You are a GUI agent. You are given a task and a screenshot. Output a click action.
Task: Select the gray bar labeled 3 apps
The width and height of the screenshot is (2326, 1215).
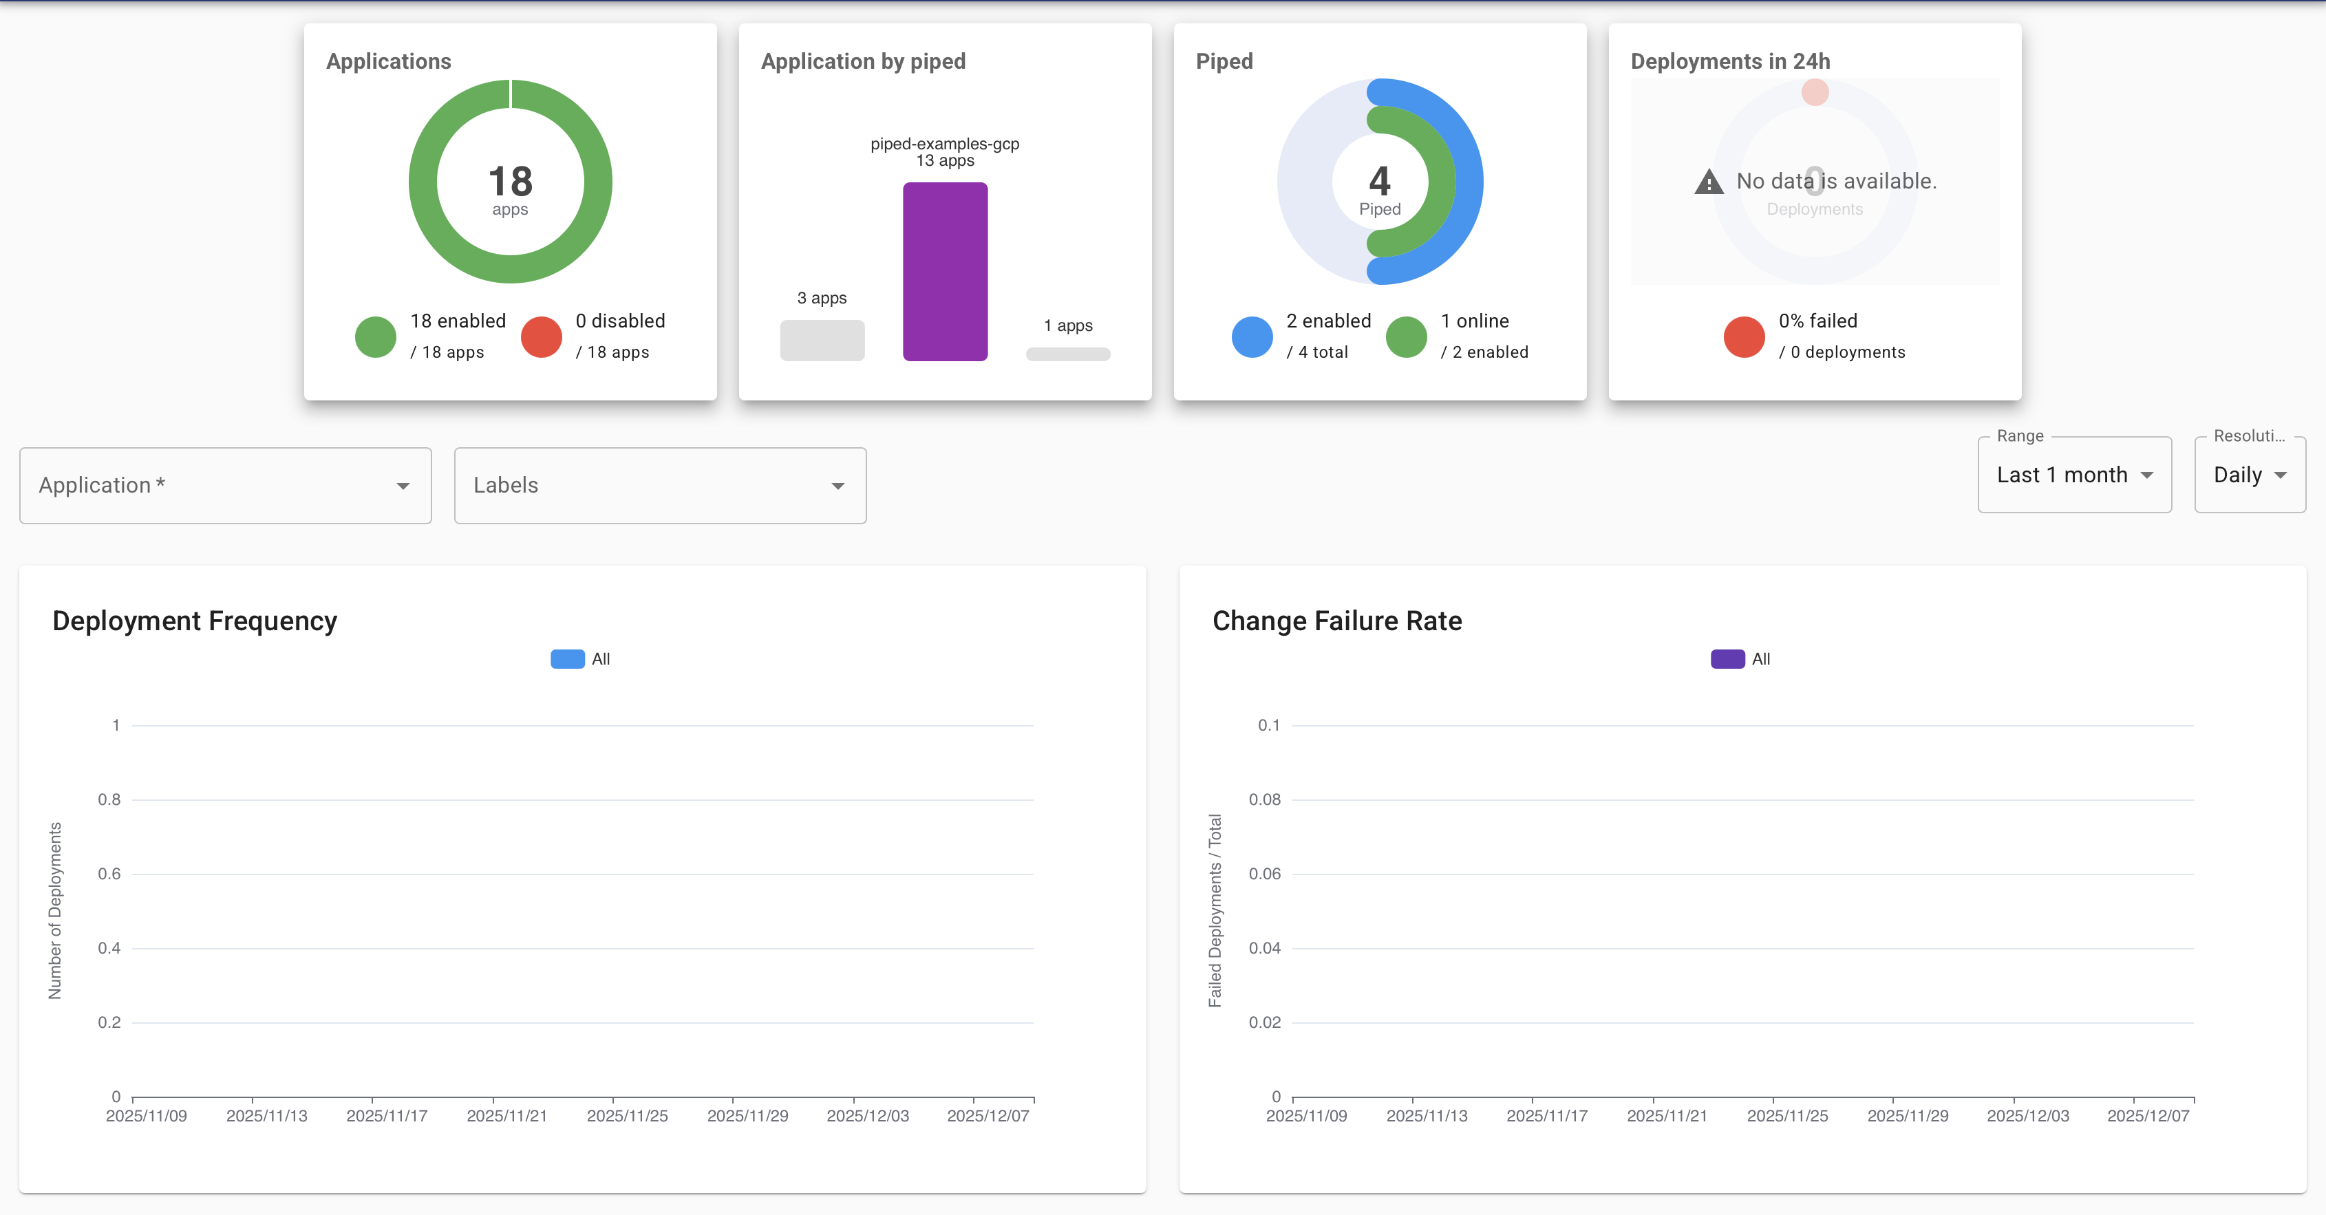[x=822, y=341]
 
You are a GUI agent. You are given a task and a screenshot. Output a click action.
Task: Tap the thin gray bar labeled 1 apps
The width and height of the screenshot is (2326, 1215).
[x=1067, y=354]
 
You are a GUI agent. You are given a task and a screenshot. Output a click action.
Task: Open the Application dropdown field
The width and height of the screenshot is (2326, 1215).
[x=225, y=486]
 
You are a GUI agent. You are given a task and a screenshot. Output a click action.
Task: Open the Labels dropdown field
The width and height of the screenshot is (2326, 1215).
[x=659, y=486]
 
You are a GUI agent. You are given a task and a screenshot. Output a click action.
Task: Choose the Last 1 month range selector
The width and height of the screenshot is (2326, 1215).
[x=2073, y=475]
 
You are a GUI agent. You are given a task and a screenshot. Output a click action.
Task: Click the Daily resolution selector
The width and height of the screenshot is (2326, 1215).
[x=2248, y=475]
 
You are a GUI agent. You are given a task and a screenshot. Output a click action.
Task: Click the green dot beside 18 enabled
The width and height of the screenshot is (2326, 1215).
[x=376, y=336]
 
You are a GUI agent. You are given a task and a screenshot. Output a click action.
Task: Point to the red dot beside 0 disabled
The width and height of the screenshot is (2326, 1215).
[x=541, y=336]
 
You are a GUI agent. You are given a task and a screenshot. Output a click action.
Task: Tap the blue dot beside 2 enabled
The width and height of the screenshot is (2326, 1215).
[x=1252, y=336]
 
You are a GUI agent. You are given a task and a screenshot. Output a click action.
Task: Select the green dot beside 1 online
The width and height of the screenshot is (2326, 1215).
[x=1406, y=336]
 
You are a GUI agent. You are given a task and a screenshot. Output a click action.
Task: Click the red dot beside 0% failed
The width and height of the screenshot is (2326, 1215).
[x=1744, y=336]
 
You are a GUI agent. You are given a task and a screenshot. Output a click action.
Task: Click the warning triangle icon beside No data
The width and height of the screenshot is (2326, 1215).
[x=1709, y=182]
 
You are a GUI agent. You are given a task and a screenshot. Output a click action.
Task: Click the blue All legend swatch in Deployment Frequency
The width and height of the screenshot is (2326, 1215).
[x=567, y=659]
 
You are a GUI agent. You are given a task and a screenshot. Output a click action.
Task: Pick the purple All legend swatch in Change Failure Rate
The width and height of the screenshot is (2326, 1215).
[x=1727, y=659]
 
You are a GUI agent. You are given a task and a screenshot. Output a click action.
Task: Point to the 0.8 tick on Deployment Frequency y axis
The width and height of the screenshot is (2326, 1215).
[x=109, y=799]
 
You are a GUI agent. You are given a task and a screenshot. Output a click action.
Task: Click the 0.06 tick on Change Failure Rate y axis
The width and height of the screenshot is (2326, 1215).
[x=1264, y=874]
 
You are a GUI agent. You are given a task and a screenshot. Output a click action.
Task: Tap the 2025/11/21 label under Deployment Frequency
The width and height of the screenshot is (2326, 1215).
[x=506, y=1116]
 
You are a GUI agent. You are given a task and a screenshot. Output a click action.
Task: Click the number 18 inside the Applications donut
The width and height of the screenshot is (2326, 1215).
[x=510, y=182]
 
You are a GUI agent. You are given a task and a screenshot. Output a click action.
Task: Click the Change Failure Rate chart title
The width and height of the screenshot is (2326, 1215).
[x=1336, y=621]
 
